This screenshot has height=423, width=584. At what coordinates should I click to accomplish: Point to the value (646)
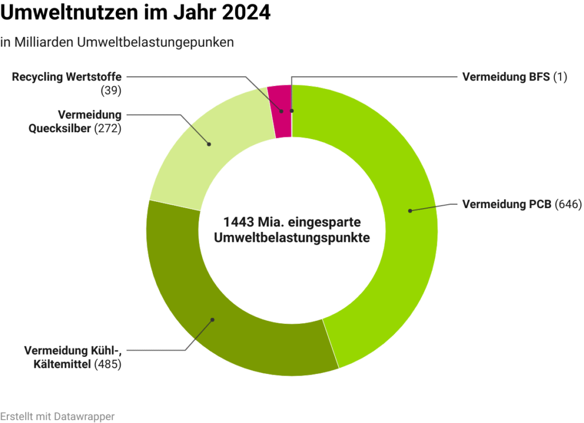pyautogui.click(x=567, y=204)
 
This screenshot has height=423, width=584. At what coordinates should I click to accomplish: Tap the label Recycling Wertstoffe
pyautogui.click(x=67, y=77)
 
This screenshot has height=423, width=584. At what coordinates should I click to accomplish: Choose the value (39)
pyautogui.click(x=111, y=90)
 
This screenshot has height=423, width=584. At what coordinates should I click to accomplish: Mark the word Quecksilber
pyautogui.click(x=60, y=128)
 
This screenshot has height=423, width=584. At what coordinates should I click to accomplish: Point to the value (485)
pyautogui.click(x=108, y=364)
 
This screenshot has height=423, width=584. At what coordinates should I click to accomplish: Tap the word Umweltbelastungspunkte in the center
pyautogui.click(x=291, y=238)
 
